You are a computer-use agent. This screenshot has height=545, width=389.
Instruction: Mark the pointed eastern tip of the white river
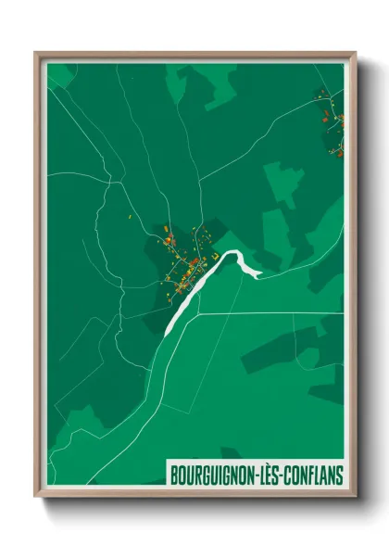tap(261, 274)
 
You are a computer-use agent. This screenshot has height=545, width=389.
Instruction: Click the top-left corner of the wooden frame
tap(36, 53)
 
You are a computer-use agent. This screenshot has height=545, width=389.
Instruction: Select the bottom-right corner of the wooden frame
tap(355, 495)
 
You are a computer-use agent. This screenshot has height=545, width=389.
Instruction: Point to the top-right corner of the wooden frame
tap(355, 53)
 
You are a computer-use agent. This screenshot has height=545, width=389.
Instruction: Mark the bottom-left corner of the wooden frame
tap(36, 495)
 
